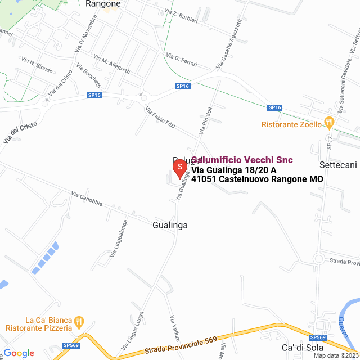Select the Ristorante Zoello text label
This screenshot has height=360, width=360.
tap(292, 124)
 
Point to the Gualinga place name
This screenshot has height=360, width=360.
tap(169, 225)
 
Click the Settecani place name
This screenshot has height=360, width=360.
tap(338, 165)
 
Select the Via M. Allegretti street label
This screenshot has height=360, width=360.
tap(112, 65)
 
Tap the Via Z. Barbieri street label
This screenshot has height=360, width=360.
tap(182, 17)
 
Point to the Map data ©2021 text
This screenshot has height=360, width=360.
tap(335, 355)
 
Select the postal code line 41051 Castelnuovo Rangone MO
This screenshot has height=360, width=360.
tap(257, 179)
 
